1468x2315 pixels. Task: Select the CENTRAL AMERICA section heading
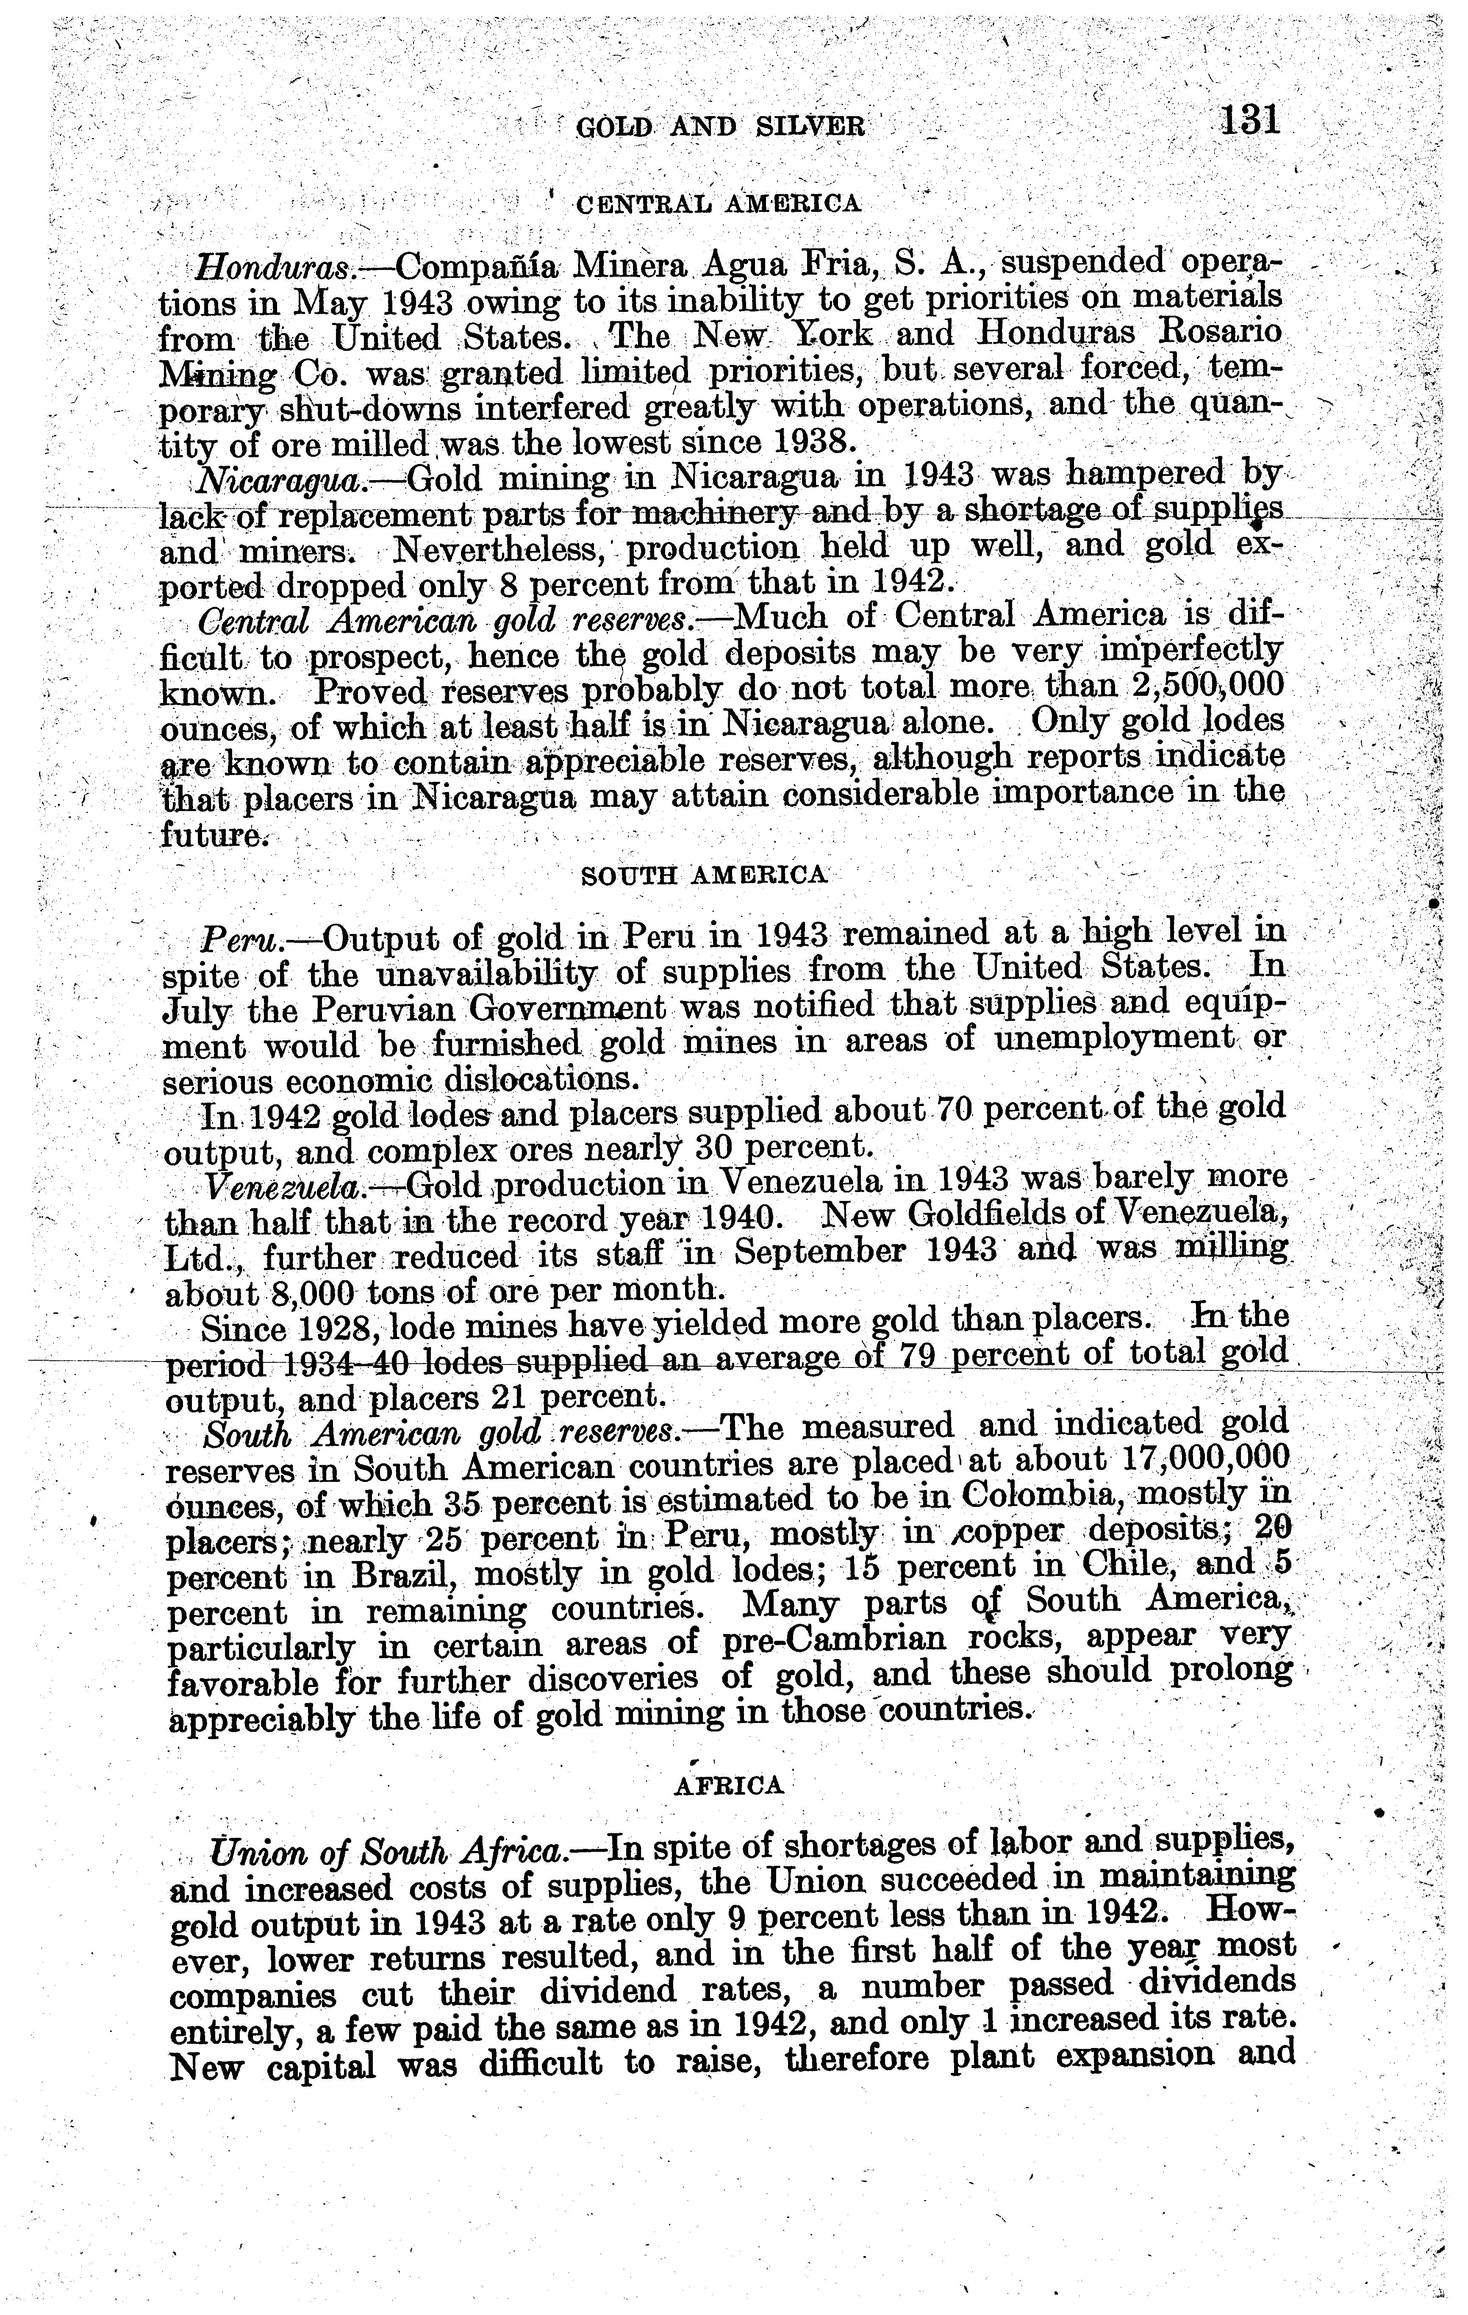[x=716, y=203]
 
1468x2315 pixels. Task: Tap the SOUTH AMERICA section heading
[x=705, y=874]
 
